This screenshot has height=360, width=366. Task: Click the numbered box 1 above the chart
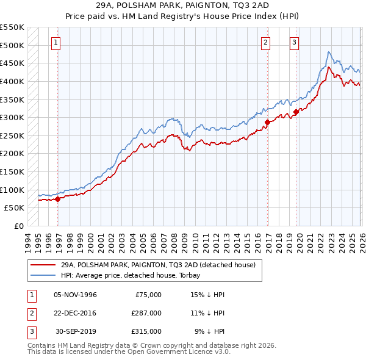56,43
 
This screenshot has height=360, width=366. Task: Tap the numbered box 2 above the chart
266,43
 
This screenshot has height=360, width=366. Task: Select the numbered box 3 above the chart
294,43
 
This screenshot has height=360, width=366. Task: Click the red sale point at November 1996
58,198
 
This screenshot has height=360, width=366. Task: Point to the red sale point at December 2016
267,122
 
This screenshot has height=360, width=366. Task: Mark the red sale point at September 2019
296,112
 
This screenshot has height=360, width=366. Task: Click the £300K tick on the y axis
13,117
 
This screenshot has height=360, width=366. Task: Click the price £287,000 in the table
146,313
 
